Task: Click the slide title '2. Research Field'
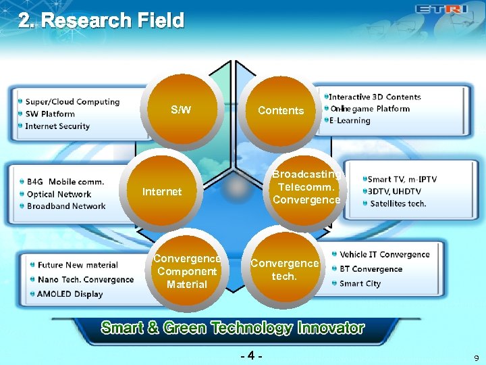[101, 21]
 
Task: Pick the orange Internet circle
[162, 192]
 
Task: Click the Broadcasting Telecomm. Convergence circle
[306, 188]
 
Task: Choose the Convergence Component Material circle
[187, 271]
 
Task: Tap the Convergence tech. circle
[284, 269]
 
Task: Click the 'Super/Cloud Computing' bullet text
[72, 102]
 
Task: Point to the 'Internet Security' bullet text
[57, 126]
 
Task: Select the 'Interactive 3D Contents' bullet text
[375, 97]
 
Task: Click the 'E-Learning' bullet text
[350, 121]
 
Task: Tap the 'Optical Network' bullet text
[59, 194]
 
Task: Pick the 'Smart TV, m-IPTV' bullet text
[402, 179]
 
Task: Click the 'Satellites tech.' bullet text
[398, 203]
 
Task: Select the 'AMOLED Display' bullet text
[70, 294]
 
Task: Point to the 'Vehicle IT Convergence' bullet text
[384, 255]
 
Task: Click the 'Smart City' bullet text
[360, 284]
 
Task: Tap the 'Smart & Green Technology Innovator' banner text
[232, 328]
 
